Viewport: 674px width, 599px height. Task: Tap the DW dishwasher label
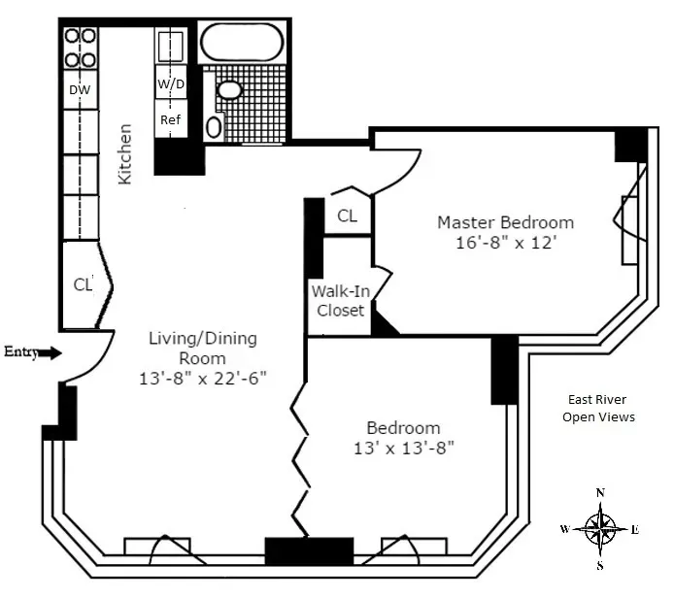(x=80, y=90)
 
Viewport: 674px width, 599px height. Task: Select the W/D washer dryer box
(x=171, y=84)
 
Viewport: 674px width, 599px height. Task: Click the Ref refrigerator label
(x=171, y=119)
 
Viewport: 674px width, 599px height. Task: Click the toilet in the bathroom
(x=215, y=126)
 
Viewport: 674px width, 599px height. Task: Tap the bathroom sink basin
(x=230, y=90)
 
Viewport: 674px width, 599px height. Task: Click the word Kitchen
(x=124, y=153)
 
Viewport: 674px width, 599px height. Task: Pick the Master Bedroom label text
(x=505, y=222)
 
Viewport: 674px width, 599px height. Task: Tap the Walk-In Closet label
(x=338, y=300)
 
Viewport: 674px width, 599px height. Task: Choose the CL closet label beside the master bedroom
(x=347, y=216)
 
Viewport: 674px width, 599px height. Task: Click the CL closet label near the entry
(x=84, y=285)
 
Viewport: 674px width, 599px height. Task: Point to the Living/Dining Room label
(x=202, y=348)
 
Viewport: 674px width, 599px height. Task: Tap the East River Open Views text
(x=597, y=408)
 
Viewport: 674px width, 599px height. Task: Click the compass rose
(x=601, y=529)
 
